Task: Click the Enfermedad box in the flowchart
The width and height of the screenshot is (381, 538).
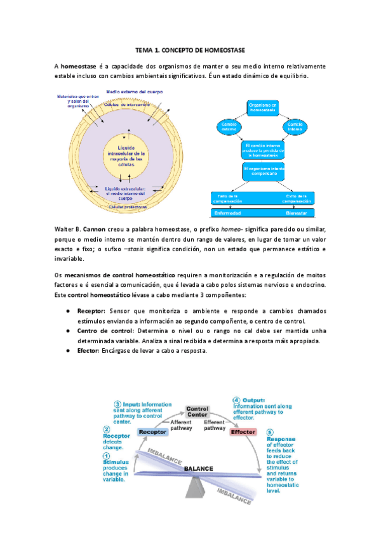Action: tap(228, 213)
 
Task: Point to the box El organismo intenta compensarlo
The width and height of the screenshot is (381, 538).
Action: tap(263, 171)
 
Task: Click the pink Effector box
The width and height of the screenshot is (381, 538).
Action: tap(243, 431)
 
